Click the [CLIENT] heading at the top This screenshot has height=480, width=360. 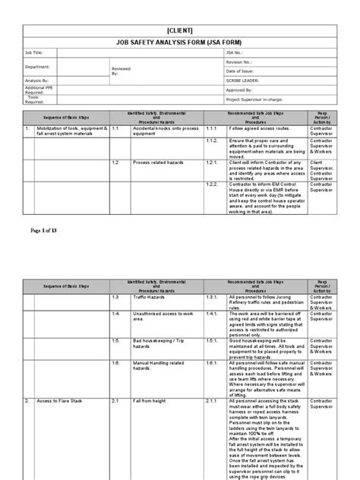pos(180,30)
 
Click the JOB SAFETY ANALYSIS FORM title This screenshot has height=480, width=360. pos(180,43)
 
